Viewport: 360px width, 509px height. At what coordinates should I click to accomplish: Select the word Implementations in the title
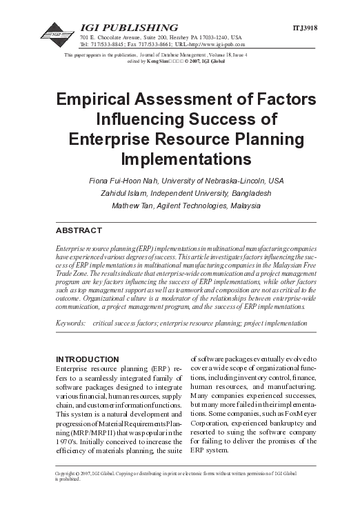(179, 159)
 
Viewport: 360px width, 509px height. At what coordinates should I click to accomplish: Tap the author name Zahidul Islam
(123, 193)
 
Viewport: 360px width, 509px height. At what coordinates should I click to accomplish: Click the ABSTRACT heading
(78, 230)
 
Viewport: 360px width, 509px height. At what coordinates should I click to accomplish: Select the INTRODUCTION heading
(86, 360)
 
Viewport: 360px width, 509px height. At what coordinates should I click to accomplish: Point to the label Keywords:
(70, 322)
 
